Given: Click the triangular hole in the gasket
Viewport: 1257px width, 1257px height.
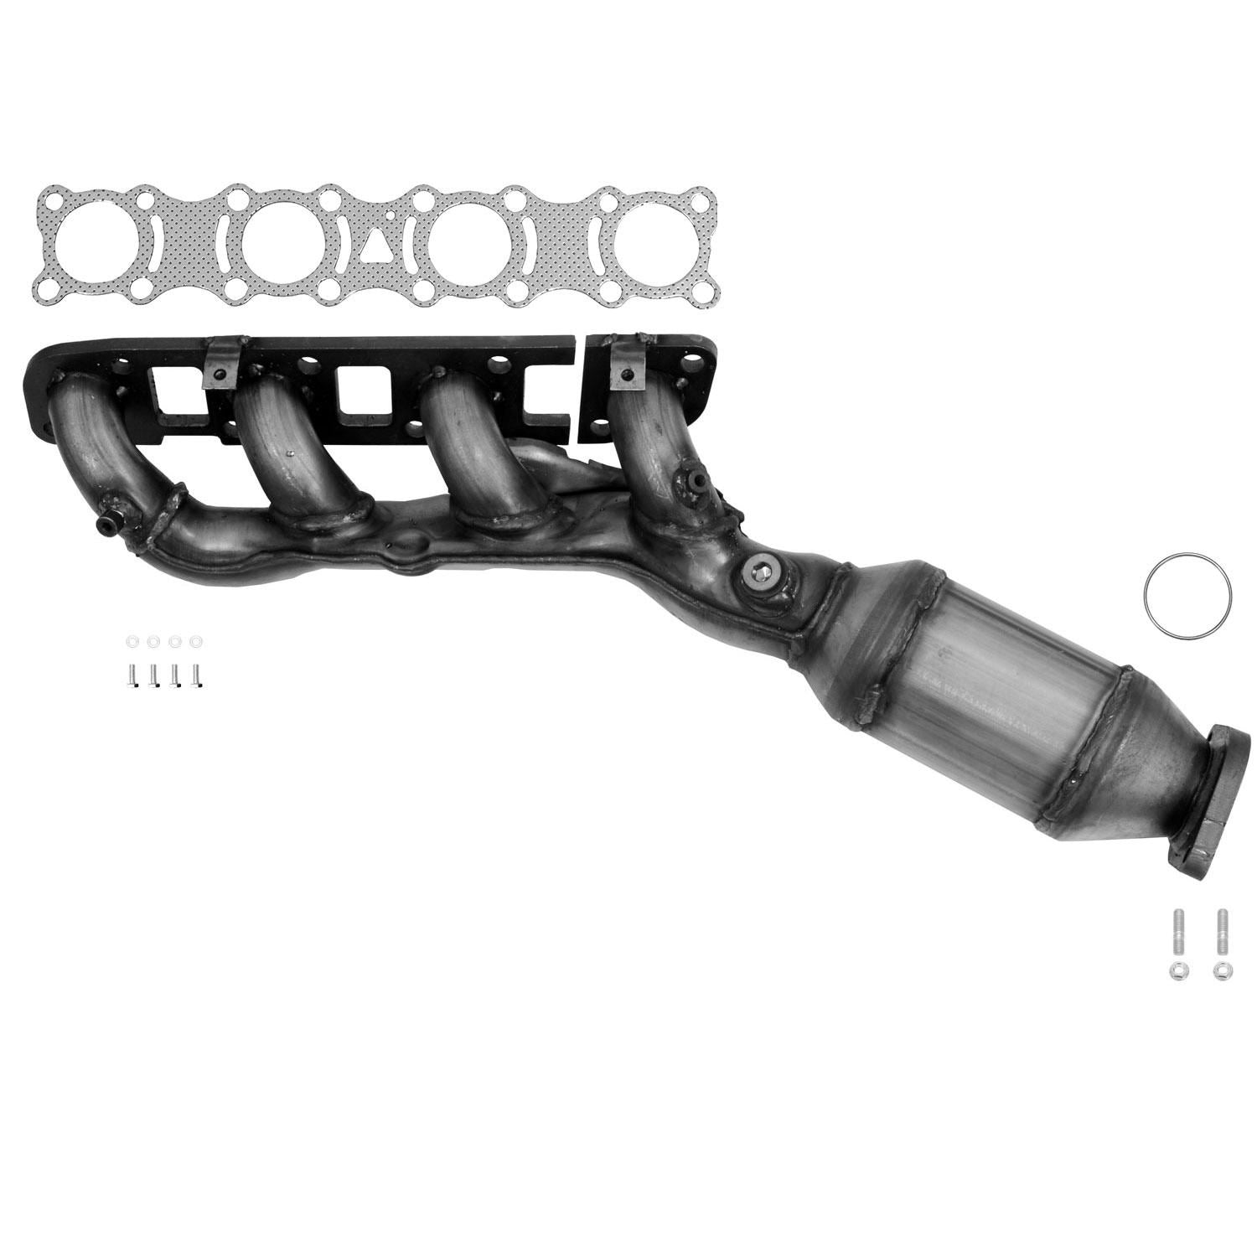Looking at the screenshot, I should [x=373, y=246].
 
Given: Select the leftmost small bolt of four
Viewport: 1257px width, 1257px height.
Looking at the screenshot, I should [x=132, y=673].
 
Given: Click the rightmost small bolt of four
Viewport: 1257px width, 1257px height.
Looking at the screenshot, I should [x=197, y=673].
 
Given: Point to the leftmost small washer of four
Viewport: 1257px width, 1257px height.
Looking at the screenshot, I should [x=132, y=642].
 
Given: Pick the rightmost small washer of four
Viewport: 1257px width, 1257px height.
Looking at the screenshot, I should [x=197, y=642].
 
